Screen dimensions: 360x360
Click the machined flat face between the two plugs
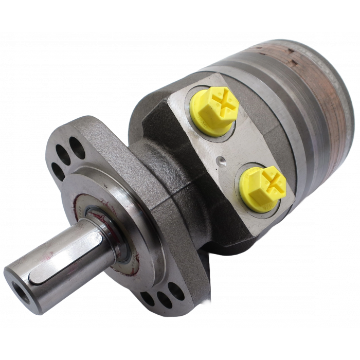[x=242, y=144]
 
